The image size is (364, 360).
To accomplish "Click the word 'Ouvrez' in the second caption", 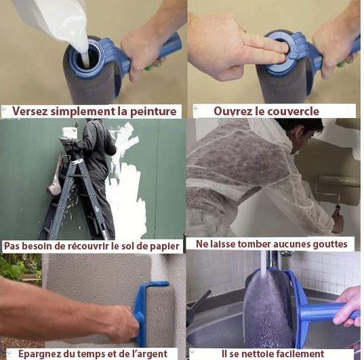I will tap(235, 111).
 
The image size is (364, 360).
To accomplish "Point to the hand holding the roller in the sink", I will tap(348, 305).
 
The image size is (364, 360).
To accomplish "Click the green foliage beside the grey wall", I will tap(17, 268).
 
